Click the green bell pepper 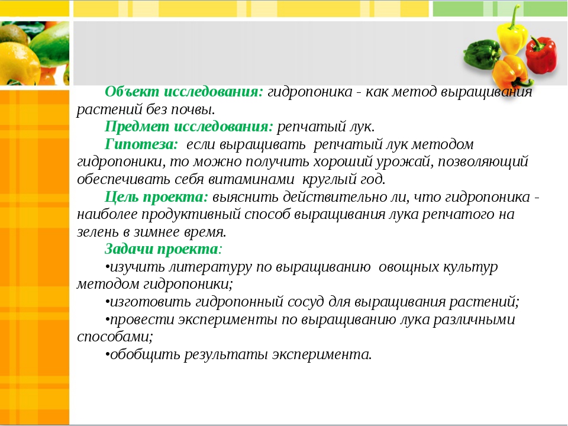click(482, 54)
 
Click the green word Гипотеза click(141, 144)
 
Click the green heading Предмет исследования click(189, 127)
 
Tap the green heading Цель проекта click(156, 197)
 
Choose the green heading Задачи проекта click(163, 250)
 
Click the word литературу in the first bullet click(210, 267)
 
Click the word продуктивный click(191, 215)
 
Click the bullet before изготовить click(107, 302)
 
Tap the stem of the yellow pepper click(514, 17)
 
